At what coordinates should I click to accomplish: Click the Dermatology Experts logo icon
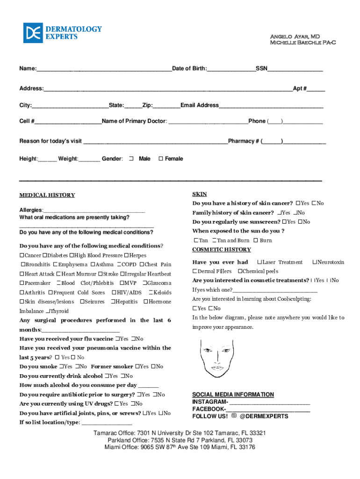tap(33, 33)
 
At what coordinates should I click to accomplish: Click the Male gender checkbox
tap(131, 159)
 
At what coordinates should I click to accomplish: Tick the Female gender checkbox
tap(160, 159)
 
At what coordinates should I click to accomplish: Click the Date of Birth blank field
tap(231, 69)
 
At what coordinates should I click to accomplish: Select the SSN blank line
tap(295, 69)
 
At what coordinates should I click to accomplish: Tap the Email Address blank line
tap(271, 105)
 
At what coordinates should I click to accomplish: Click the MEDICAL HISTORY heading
tap(47, 195)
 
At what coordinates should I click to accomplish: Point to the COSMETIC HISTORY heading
tap(222, 249)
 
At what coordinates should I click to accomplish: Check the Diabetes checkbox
tap(45, 255)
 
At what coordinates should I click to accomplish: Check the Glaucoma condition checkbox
tap(144, 283)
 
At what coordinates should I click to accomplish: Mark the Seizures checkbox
tap(82, 302)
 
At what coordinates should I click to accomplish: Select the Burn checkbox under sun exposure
tap(256, 240)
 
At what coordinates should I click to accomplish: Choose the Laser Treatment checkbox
tap(259, 262)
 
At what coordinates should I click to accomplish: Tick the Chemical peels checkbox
tap(240, 271)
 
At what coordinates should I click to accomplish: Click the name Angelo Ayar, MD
tap(295, 36)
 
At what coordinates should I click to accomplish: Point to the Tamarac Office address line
tap(180, 433)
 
